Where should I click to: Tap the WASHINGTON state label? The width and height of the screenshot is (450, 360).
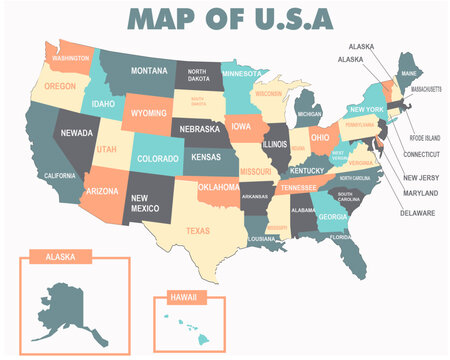[71, 58]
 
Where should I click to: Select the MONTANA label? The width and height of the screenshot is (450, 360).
[148, 71]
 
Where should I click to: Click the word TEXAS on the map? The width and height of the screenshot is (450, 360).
[198, 231]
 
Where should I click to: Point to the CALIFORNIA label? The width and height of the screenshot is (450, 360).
[59, 175]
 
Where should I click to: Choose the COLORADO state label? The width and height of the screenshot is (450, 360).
[157, 158]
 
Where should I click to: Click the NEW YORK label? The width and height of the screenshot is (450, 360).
[367, 109]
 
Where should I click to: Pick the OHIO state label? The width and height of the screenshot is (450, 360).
[320, 137]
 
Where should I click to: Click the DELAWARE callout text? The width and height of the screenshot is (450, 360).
[418, 212]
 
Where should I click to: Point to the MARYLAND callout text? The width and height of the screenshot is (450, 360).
[419, 193]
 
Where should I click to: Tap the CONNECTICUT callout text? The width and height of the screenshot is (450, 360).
[421, 155]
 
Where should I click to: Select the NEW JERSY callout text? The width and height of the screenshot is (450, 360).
[420, 177]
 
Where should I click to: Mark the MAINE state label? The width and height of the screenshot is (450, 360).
[408, 73]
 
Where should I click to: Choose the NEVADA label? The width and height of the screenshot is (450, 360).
[77, 132]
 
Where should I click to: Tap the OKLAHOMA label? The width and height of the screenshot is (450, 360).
[218, 187]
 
